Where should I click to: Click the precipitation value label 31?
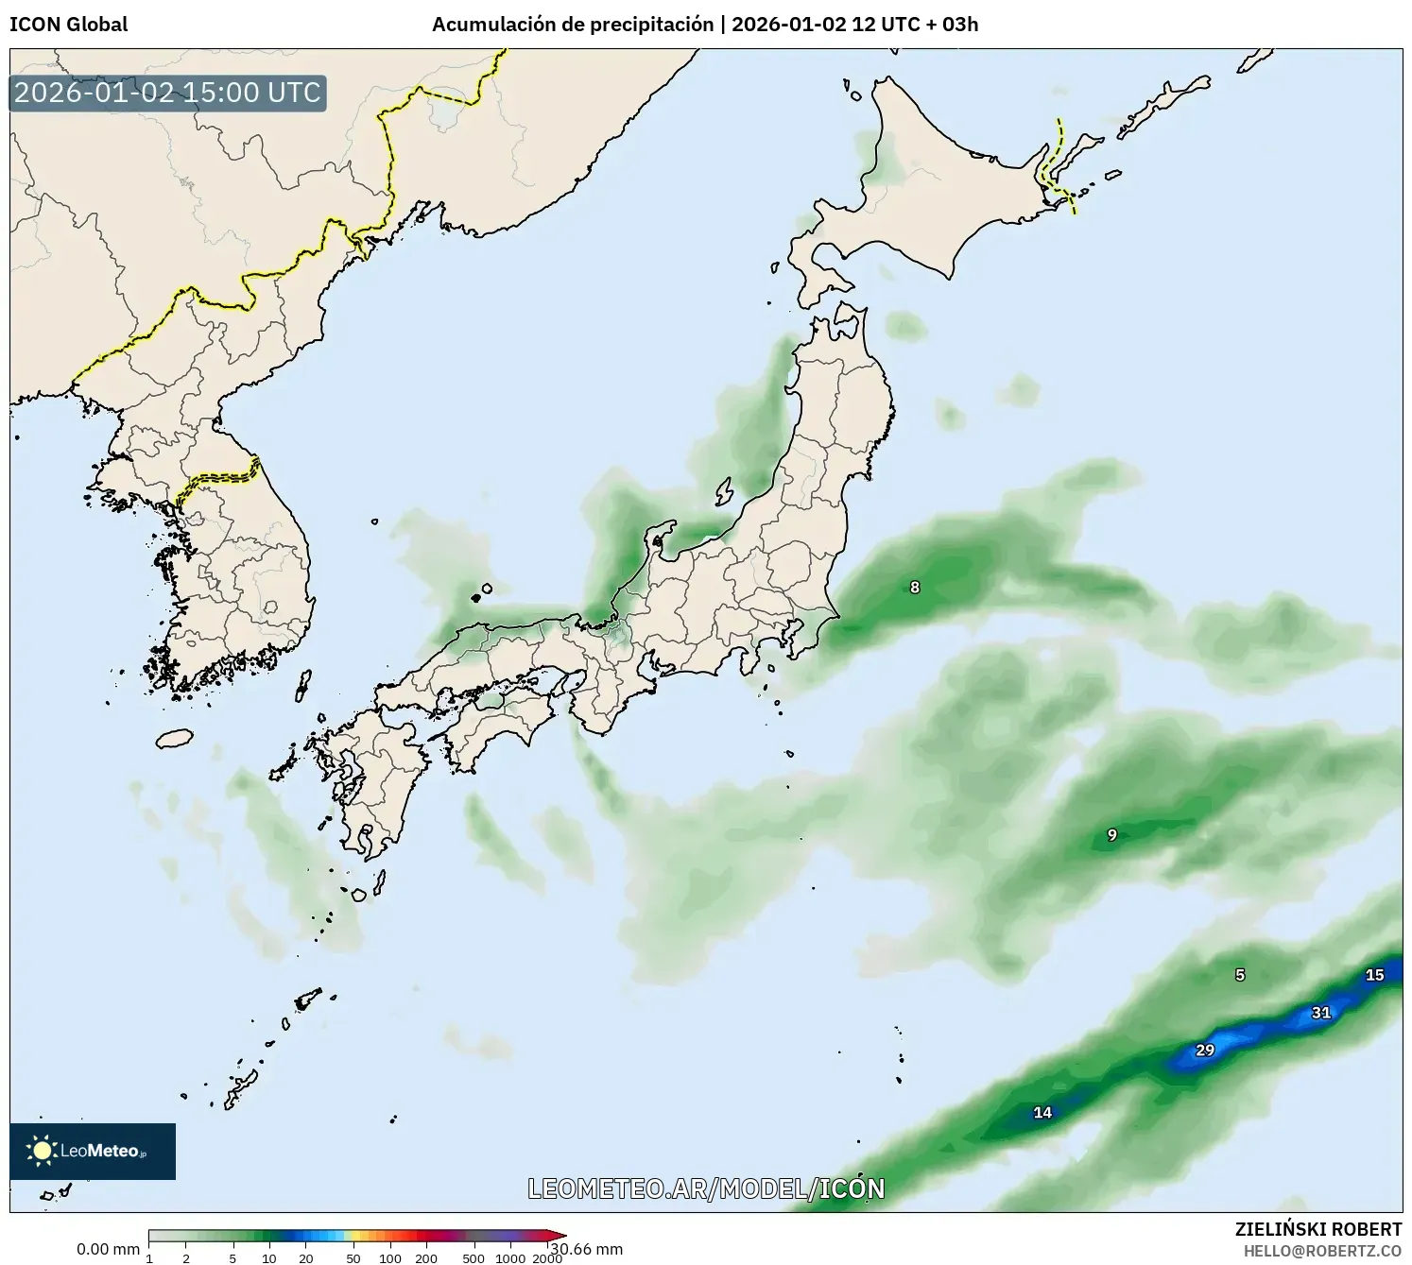(x=1320, y=1013)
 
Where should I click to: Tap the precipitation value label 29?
(x=1204, y=1050)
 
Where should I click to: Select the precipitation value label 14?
(x=1042, y=1112)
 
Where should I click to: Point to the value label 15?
(x=1374, y=975)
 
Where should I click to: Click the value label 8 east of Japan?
(x=914, y=588)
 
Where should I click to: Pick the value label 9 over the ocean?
(x=1112, y=835)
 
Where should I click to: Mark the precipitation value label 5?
(x=1240, y=975)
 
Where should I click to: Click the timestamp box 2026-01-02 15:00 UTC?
(x=167, y=93)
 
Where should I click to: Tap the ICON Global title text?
(x=68, y=25)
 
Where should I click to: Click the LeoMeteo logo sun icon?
(x=42, y=1151)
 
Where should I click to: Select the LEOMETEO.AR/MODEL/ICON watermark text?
(x=706, y=1188)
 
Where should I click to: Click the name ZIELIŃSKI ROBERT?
(x=1317, y=1229)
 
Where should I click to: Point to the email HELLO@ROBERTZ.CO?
(x=1322, y=1251)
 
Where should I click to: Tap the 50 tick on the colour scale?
(x=353, y=1257)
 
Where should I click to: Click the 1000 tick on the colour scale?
(x=510, y=1257)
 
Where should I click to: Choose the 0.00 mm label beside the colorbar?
(x=108, y=1249)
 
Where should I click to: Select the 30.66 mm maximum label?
(x=588, y=1249)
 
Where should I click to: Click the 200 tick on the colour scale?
(x=426, y=1257)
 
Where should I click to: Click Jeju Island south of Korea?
(x=174, y=737)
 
